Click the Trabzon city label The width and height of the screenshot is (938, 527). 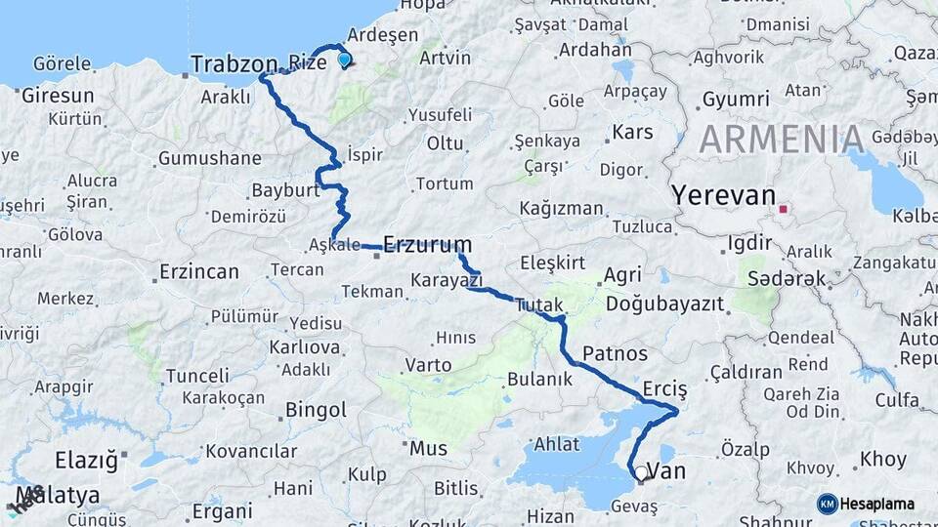234,64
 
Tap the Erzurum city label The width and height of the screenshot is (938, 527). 428,244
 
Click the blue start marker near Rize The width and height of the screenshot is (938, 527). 344,60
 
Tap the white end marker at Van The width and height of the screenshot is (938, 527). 641,473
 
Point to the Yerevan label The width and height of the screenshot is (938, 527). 722,195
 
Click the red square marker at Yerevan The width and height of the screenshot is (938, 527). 783,208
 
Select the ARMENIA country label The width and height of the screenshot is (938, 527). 781,140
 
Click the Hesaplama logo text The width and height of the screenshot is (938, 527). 877,504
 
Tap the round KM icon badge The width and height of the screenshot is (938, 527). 828,504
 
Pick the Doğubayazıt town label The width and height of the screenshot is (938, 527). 665,304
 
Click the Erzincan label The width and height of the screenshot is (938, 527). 198,271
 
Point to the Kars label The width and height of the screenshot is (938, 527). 631,132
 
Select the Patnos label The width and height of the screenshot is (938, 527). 615,351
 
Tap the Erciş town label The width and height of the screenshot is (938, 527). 665,388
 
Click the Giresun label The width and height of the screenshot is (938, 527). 58,96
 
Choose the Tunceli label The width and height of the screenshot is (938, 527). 197,376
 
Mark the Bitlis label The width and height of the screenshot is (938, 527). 456,487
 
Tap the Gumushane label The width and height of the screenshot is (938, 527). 209,158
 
